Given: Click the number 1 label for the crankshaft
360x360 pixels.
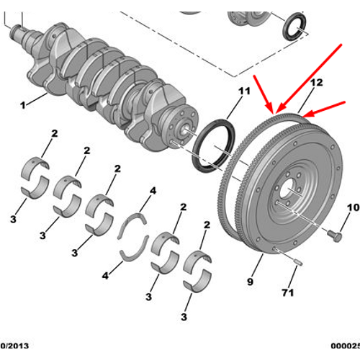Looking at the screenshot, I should pos(23,105).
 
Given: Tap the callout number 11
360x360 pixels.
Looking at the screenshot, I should pos(243,91).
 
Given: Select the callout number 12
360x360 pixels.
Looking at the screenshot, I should pos(316,83).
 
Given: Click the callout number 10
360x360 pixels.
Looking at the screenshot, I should pos(352,208).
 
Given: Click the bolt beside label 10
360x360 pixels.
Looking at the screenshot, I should pos(334,235).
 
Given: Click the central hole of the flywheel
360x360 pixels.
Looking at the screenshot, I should pos(290,192).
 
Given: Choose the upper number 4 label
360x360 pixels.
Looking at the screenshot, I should pos(153,191).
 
